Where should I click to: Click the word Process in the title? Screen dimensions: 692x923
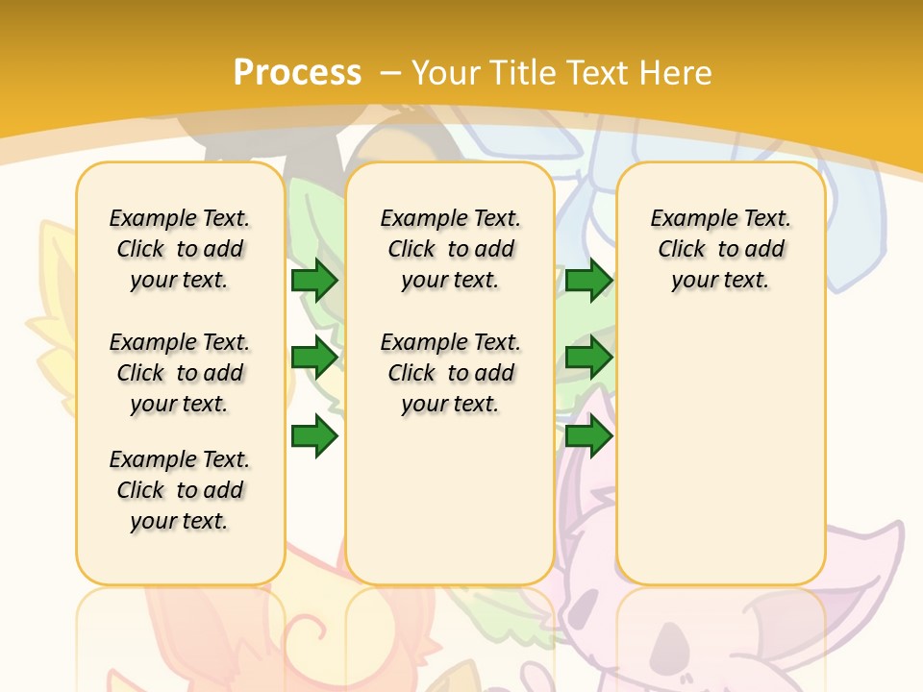coord(297,73)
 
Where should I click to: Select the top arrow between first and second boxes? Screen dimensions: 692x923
coord(314,281)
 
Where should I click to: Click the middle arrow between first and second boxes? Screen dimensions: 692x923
coord(314,358)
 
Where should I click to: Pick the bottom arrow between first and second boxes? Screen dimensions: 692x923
coord(314,436)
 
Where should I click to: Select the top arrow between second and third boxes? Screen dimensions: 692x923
coord(588,281)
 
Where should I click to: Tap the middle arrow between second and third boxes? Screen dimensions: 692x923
coord(588,358)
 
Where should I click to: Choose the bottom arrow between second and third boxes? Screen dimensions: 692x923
coord(588,436)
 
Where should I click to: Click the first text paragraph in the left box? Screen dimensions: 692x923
coord(180,249)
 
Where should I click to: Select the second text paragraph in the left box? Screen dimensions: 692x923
coord(180,373)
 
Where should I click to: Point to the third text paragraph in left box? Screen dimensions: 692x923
coord(180,490)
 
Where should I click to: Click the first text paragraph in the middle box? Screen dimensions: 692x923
coord(450,249)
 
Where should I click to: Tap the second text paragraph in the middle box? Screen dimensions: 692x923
coord(450,373)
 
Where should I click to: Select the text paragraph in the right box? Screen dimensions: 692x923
coord(721,249)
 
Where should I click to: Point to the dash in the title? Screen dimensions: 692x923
coord(390,73)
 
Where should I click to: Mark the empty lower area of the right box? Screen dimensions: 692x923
coord(721,452)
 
